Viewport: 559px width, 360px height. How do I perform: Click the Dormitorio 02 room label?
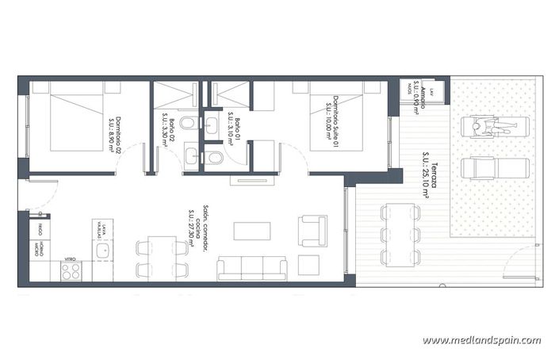(x=113, y=132)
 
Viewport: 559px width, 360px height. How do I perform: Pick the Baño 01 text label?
(x=229, y=125)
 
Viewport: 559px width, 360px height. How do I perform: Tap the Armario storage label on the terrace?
(x=421, y=98)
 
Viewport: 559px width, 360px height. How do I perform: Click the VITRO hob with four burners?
(x=71, y=270)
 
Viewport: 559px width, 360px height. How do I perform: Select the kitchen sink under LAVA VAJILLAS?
(x=101, y=253)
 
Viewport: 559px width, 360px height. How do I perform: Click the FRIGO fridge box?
(x=39, y=231)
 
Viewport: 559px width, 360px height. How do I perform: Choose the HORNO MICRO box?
(x=39, y=251)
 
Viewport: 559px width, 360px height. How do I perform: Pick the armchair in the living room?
(x=312, y=230)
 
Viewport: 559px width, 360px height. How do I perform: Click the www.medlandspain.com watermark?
(x=481, y=340)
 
